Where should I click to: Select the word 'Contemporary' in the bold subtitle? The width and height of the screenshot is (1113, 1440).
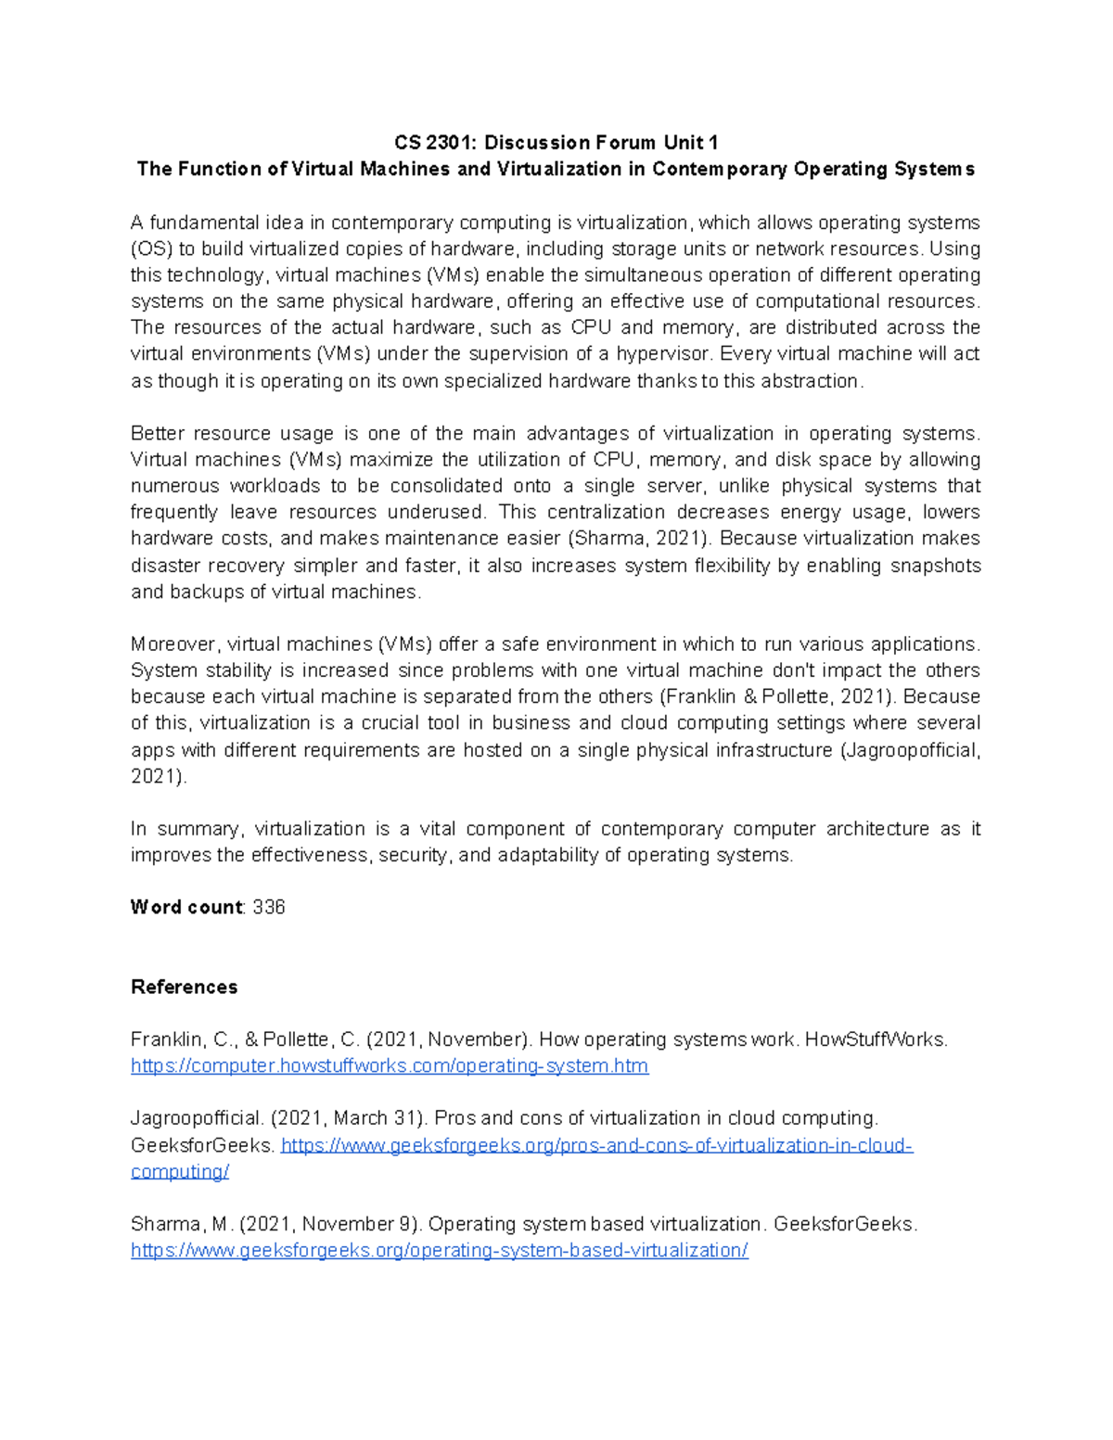click(718, 169)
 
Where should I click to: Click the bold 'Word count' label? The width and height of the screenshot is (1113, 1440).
click(186, 908)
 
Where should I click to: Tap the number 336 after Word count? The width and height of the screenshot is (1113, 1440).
click(269, 908)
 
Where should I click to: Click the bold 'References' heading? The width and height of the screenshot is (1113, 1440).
click(184, 987)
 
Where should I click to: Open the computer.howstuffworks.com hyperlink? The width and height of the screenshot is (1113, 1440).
click(390, 1066)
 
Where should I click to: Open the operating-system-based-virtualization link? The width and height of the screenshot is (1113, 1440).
click(439, 1251)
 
